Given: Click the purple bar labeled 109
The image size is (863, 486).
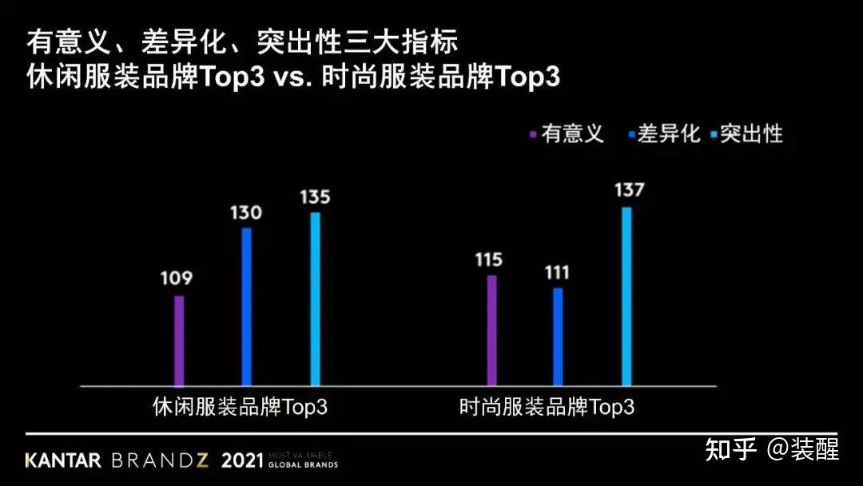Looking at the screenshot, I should [x=180, y=341].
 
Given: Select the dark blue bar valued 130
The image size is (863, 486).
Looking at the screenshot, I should [x=247, y=306].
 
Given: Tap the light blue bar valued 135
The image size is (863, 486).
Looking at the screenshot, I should [x=315, y=298].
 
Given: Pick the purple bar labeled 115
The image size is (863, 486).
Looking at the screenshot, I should [x=491, y=330].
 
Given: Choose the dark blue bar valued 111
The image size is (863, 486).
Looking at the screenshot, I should [x=558, y=337].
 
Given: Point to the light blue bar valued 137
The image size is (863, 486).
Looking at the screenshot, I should [x=626, y=296].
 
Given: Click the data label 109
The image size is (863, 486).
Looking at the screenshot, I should [x=176, y=279].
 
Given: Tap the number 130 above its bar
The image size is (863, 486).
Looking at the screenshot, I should [x=245, y=213].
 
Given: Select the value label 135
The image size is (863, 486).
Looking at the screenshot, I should [x=315, y=197].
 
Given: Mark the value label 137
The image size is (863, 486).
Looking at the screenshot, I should [x=629, y=191].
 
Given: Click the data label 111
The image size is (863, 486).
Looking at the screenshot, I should [x=557, y=273].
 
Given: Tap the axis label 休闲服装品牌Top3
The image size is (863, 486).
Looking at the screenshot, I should [x=240, y=406].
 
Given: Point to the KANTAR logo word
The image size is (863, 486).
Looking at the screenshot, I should [x=63, y=460].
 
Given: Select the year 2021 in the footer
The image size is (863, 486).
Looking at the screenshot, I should [x=242, y=460].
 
